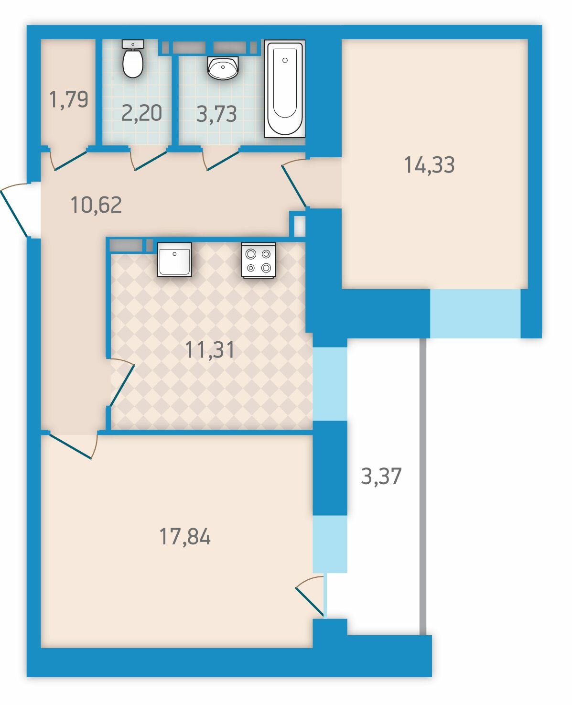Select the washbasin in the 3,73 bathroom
(223, 67)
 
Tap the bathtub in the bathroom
(284, 89)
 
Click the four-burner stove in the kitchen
(259, 260)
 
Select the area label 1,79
(68, 99)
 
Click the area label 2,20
(141, 113)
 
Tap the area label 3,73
(216, 114)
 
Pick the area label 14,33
(430, 165)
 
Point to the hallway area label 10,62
(96, 205)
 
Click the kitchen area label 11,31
(210, 350)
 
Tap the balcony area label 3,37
(381, 476)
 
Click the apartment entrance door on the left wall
(15, 210)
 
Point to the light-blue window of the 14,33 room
(475, 314)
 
